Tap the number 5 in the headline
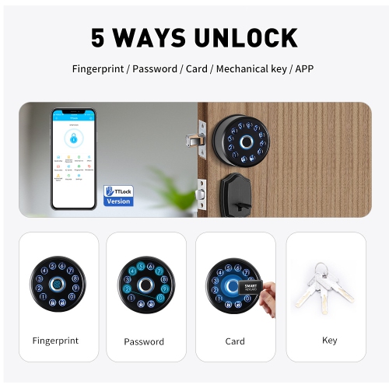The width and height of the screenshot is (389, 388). (98, 37)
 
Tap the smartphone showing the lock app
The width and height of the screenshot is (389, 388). (73, 158)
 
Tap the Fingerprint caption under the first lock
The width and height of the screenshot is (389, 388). (55, 341)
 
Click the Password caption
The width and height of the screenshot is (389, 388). (144, 341)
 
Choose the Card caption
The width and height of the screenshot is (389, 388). (235, 341)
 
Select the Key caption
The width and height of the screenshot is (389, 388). (329, 340)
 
